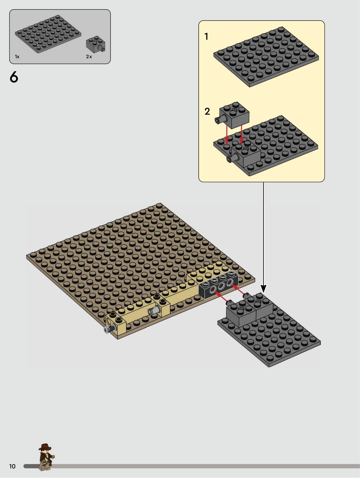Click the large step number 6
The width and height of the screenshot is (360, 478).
click(x=14, y=77)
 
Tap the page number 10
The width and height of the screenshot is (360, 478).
click(x=13, y=466)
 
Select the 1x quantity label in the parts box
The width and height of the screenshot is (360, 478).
click(x=17, y=57)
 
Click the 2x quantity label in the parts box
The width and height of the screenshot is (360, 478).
click(x=89, y=57)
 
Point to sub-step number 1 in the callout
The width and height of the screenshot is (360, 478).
click(x=206, y=36)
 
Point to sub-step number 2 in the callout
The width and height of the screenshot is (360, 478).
click(x=207, y=111)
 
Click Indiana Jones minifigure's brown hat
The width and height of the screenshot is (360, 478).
click(x=45, y=447)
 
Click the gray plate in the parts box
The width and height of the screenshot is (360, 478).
click(x=48, y=34)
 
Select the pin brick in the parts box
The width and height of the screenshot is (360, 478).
click(x=96, y=45)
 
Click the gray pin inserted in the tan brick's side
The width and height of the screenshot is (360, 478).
click(x=154, y=311)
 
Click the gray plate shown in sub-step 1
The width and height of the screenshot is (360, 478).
click(x=266, y=57)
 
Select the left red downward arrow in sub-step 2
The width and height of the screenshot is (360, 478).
click(x=227, y=135)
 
